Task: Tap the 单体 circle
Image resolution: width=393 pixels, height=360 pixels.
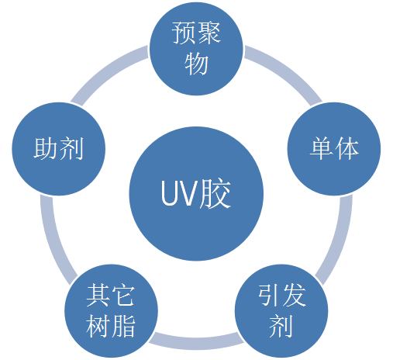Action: (x=334, y=149)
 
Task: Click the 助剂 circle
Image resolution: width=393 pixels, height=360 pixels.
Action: (x=58, y=149)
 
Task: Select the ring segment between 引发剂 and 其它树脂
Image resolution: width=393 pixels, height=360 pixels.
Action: (x=195, y=342)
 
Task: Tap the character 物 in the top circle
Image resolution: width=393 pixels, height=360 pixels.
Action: (x=196, y=64)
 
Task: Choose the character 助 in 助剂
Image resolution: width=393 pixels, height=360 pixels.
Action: (x=46, y=149)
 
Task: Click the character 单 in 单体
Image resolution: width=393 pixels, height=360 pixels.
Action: (x=322, y=149)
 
